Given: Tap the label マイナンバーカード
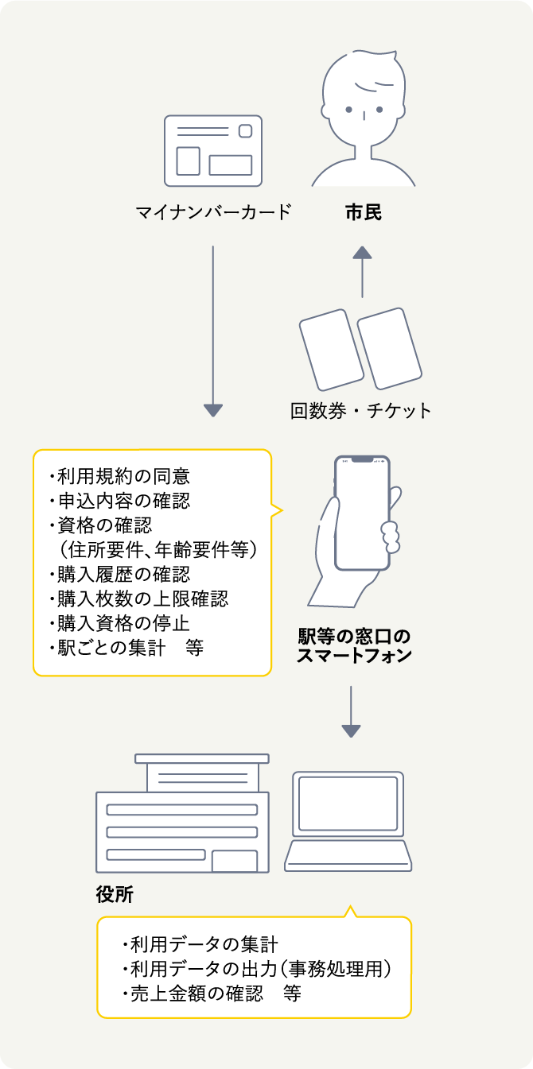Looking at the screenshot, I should tap(212, 213).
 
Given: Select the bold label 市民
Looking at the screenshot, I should tap(363, 213).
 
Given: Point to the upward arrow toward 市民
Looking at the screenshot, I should tap(363, 271).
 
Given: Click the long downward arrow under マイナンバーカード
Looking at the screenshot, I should tap(212, 331).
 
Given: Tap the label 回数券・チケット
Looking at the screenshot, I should tap(361, 411).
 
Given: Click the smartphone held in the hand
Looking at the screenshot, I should tap(363, 513).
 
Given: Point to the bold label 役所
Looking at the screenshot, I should tap(115, 895).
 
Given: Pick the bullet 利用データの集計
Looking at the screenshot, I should tap(200, 945).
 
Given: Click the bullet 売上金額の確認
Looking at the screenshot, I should tap(196, 993).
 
